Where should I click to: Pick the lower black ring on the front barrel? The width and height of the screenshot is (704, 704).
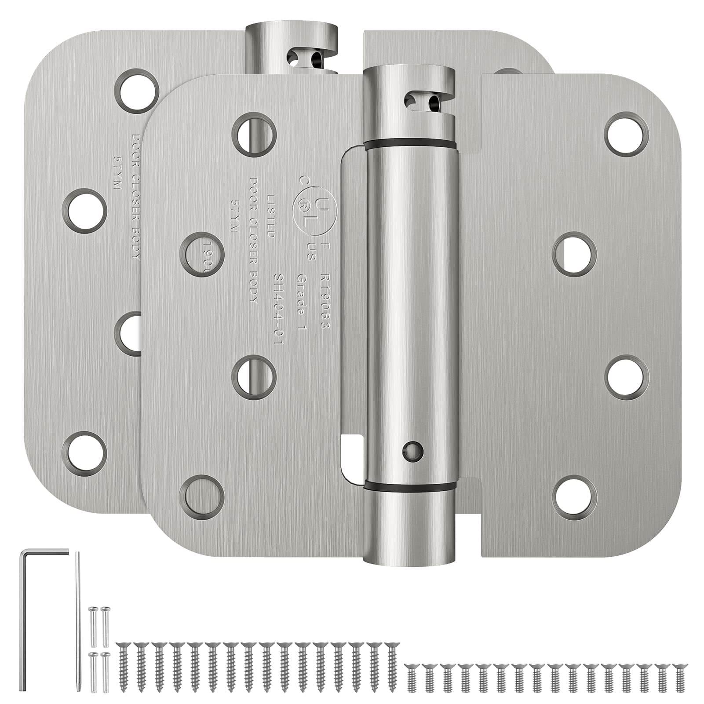click(x=409, y=485)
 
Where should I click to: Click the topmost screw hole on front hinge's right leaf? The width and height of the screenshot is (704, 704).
click(x=627, y=134)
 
